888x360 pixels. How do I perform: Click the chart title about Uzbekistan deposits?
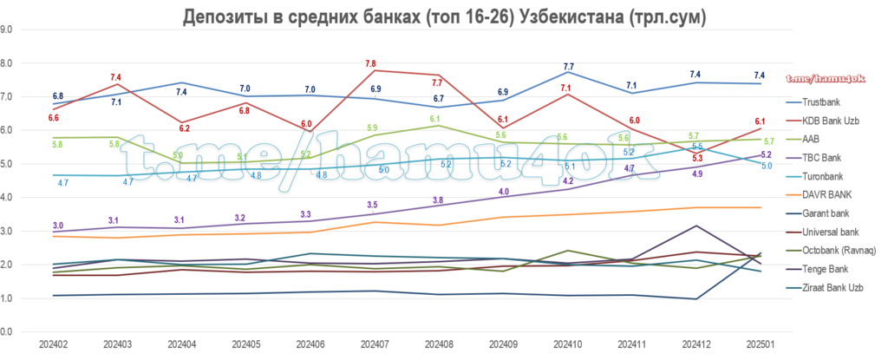[443, 17]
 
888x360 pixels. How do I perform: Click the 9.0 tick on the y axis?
[7, 29]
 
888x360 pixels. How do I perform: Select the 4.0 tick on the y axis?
[7, 198]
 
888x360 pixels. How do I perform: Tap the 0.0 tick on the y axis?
[7, 332]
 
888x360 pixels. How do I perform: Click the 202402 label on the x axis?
[55, 346]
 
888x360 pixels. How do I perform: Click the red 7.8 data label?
[371, 63]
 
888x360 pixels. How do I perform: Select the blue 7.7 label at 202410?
[569, 67]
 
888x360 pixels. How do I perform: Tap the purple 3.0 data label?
[57, 225]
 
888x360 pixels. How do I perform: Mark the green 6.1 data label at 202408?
[435, 120]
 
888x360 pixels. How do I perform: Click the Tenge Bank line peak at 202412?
[696, 226]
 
